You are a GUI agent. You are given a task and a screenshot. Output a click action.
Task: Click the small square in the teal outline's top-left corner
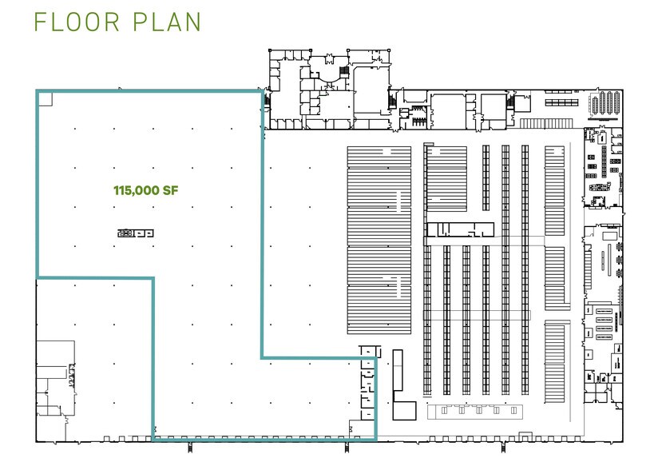pyautogui.click(x=45, y=98)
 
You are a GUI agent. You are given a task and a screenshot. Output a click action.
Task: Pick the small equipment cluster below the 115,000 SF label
pyautogui.click(x=135, y=233)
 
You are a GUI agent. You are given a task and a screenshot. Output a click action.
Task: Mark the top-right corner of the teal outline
pyautogui.click(x=261, y=92)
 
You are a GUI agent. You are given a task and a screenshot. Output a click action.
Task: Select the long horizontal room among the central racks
pyautogui.click(x=460, y=230)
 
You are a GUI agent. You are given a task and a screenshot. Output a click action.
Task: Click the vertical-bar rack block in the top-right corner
pyautogui.click(x=604, y=104)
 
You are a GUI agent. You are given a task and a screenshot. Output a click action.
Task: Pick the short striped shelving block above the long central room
pyautogui.click(x=446, y=178)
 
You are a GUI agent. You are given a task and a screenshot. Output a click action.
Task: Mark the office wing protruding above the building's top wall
pyautogui.click(x=327, y=90)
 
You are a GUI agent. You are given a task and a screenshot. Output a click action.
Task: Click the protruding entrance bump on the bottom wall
pyautogui.click(x=524, y=436)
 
